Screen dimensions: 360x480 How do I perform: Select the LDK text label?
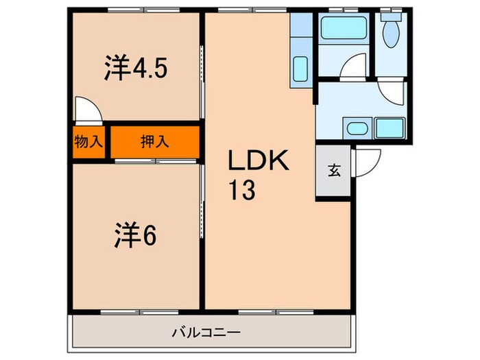(x=261, y=163)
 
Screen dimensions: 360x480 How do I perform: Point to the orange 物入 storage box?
(x=88, y=142)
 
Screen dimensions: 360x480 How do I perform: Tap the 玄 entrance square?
(x=333, y=171)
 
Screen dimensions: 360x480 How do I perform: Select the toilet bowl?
(x=392, y=34)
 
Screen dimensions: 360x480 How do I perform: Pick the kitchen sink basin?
(x=300, y=69)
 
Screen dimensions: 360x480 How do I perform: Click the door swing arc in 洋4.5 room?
(x=87, y=110)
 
